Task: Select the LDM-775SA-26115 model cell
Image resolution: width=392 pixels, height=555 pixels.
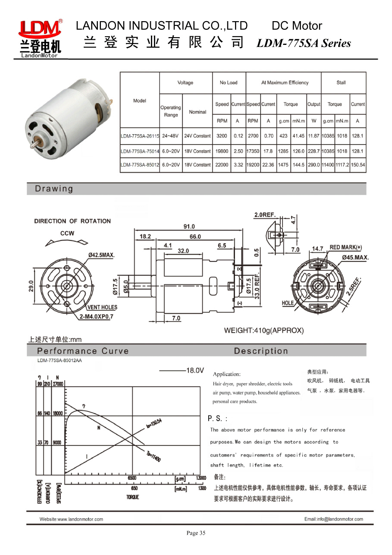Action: pos(140,136)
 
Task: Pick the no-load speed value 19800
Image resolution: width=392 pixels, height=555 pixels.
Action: pos(222,151)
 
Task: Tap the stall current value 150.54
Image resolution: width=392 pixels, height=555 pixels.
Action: pos(358,165)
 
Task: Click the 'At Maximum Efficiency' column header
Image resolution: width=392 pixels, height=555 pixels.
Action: pos(285,83)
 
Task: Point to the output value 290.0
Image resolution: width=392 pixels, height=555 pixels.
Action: pos(314,165)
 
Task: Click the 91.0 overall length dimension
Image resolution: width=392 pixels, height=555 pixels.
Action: pos(189,227)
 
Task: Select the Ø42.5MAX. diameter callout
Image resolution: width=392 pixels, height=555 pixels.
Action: pos(101,255)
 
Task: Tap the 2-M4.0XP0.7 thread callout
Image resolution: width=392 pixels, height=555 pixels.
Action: pos(96,316)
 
